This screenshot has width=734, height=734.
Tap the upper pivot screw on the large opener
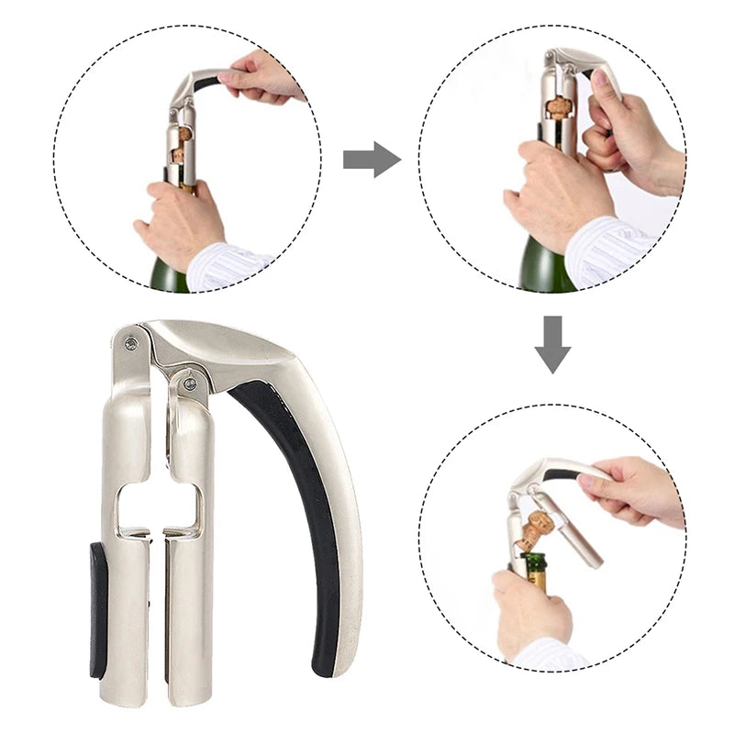pos(131,343)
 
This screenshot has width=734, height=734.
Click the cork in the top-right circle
pos(557,109)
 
